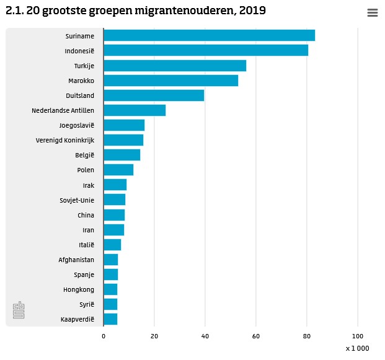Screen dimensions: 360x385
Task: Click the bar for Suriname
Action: coord(209,35)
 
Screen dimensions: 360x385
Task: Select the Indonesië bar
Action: coord(206,50)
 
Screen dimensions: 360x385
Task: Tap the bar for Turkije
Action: coord(175,66)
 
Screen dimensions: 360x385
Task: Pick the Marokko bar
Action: coord(170,81)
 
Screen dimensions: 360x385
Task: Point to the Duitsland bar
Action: coord(154,95)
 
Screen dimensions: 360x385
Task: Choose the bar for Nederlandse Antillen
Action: coord(135,110)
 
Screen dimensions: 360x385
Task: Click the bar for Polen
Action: coord(118,170)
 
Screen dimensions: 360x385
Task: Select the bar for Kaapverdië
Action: coord(110,319)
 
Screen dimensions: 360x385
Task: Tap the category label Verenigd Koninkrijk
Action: coord(65,141)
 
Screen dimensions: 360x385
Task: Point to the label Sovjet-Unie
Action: coord(77,200)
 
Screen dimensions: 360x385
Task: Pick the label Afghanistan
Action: coord(76,260)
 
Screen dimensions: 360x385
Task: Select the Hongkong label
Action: coord(79,289)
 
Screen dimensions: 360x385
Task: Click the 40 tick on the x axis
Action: coord(205,336)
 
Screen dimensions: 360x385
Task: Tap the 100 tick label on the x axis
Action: coord(357,336)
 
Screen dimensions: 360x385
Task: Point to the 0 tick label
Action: coord(104,336)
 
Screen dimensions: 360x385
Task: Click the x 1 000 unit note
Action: coord(358,349)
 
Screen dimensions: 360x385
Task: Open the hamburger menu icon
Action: coord(373,13)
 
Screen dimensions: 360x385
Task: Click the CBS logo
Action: coord(19,310)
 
